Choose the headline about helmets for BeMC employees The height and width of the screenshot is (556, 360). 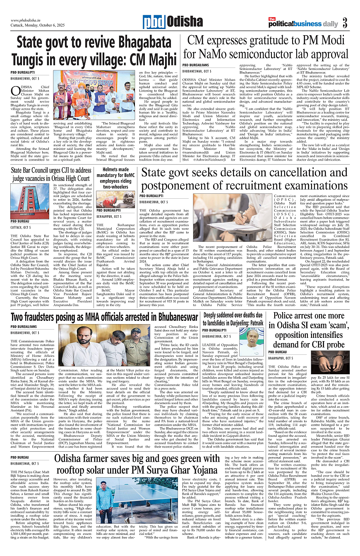click(115, 178)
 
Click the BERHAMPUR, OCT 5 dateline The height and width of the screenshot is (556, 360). click(109, 216)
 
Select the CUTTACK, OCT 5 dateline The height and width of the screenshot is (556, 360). click(21, 227)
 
